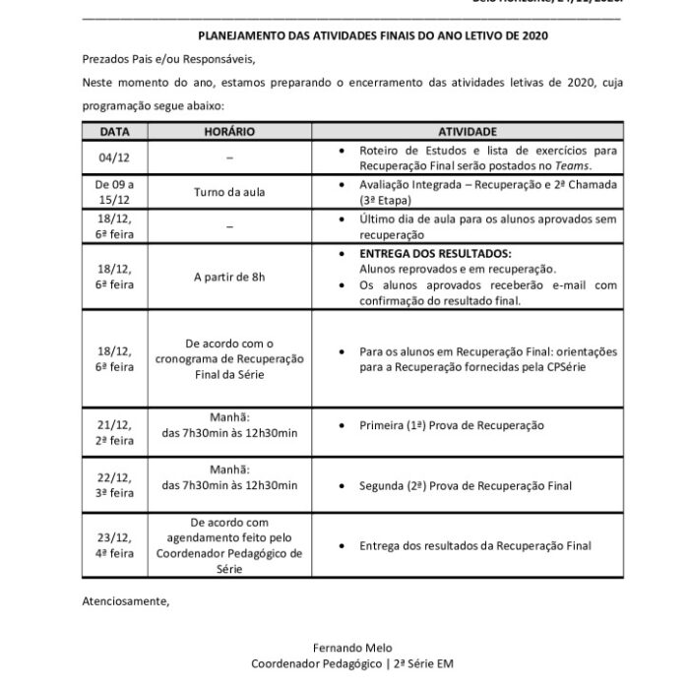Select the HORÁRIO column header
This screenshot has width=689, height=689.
coord(229,130)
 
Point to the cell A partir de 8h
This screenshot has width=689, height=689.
coord(229,277)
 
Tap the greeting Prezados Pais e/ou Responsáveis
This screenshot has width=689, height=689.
coord(168,59)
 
